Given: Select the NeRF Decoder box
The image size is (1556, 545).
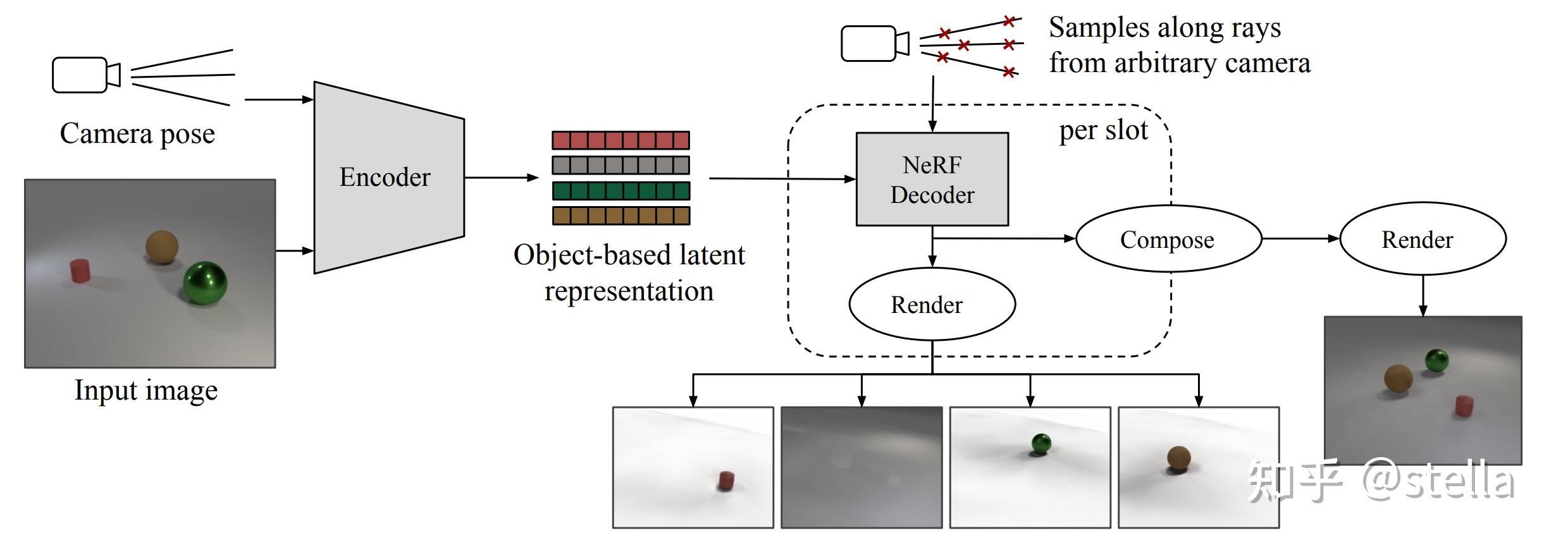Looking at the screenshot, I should tap(932, 179).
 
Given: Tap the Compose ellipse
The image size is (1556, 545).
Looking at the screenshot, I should tap(1168, 239).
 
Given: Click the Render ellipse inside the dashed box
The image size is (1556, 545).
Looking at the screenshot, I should tap(932, 304).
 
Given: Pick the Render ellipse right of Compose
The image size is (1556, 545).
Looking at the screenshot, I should tap(1422, 239).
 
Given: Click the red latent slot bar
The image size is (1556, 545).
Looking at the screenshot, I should tap(621, 140).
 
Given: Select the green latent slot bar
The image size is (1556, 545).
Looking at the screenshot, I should tap(621, 190).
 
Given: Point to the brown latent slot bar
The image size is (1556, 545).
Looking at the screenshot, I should tap(621, 216).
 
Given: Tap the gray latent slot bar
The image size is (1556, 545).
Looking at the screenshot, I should tap(621, 165).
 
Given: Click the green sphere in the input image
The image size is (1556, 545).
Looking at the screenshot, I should tap(205, 283).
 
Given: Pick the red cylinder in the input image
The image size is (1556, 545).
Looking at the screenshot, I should tap(80, 271).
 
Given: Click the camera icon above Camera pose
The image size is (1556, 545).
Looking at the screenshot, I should tap(85, 75).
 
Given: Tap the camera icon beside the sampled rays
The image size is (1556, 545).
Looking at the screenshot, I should tap(874, 43).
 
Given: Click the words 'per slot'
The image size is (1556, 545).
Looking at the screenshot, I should tap(1103, 131).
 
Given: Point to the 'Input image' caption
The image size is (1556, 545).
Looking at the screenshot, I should tap(145, 390).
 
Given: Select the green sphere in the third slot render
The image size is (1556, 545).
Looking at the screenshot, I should tap(1040, 443).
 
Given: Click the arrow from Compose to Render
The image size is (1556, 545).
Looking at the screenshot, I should tap(1300, 238).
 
